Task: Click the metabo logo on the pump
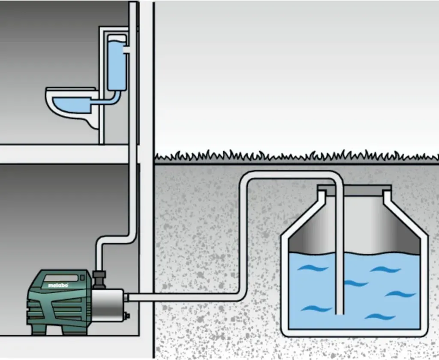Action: pos(58,285)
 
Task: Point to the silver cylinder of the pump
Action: pos(108,306)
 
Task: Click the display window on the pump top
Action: pos(61,278)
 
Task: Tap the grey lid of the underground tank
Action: pos(354,191)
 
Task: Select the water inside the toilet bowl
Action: pos(72,105)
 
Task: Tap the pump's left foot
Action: pos(38,330)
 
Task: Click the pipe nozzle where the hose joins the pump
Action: pos(126,297)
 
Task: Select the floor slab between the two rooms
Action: pos(64,154)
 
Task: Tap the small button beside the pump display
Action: pos(82,278)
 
